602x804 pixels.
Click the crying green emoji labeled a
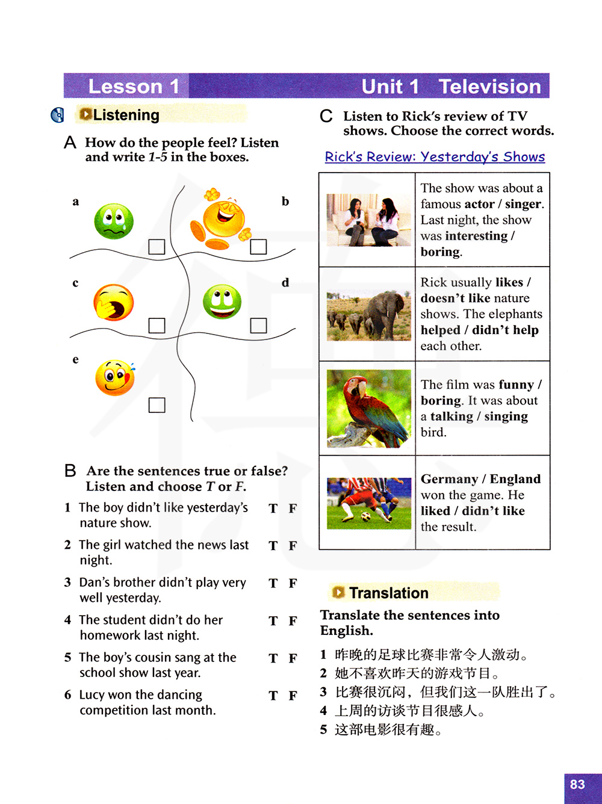(114, 221)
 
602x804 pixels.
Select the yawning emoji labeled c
(113, 302)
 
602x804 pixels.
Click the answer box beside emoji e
(157, 405)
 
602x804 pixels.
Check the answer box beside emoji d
(258, 326)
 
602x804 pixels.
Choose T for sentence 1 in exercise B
(273, 509)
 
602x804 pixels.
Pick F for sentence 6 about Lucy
(293, 696)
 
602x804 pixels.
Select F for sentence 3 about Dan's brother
(293, 583)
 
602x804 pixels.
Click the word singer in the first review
(523, 204)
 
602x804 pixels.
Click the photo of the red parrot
(368, 409)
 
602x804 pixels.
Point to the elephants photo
(368, 314)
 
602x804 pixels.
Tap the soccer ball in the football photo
(365, 516)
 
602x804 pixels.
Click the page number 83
(577, 784)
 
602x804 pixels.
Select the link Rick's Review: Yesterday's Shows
(435, 157)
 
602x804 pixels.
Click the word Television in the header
(489, 87)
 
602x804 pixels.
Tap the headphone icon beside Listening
(58, 115)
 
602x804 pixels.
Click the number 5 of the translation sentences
(323, 730)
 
